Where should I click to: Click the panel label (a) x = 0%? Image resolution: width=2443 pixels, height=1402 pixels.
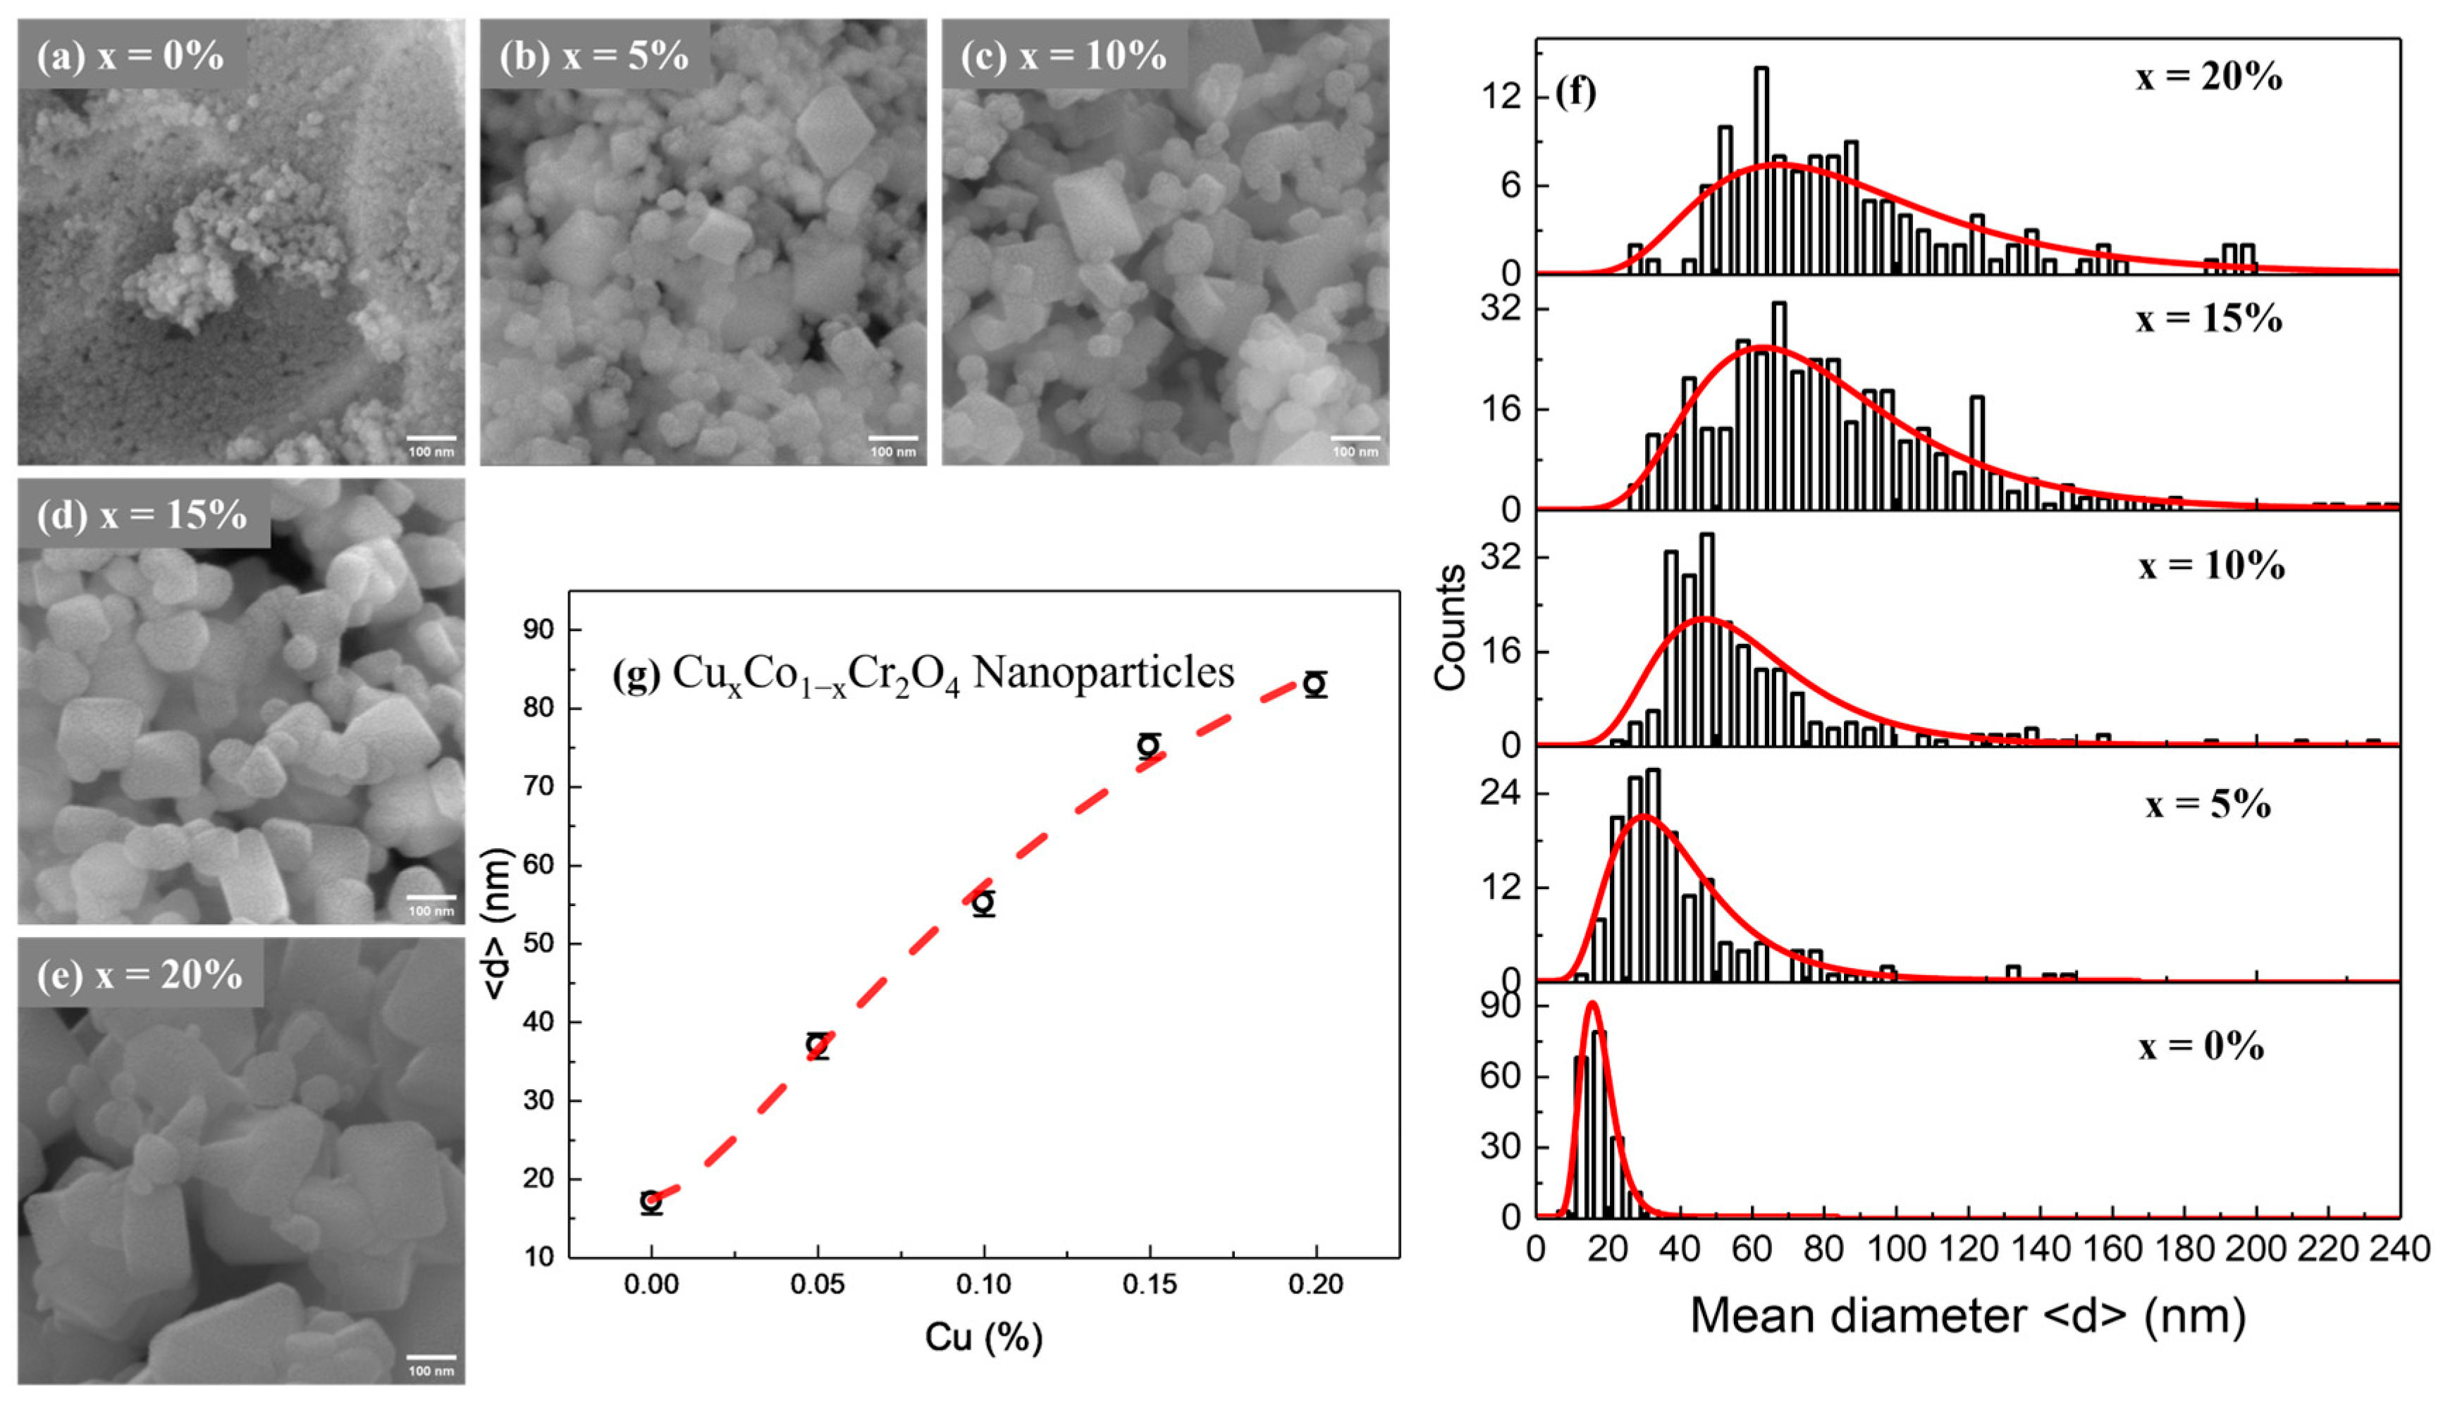130,56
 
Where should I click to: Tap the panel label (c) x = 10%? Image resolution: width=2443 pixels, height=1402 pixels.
1064,56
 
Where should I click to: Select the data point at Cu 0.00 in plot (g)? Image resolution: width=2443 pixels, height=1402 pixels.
651,1201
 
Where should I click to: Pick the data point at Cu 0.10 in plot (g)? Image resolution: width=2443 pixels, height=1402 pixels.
983,902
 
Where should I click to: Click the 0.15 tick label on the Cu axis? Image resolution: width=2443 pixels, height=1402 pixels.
1149,1284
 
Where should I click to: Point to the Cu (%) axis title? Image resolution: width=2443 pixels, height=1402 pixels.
983,1336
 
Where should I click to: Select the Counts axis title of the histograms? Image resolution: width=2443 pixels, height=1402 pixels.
1450,628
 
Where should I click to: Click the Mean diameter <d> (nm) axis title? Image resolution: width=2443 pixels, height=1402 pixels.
1968,1315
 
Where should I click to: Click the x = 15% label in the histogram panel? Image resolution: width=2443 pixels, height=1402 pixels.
2208,318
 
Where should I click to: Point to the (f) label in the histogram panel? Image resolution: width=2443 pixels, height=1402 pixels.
1575,92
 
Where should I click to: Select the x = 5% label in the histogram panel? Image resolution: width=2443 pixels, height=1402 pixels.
2207,803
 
